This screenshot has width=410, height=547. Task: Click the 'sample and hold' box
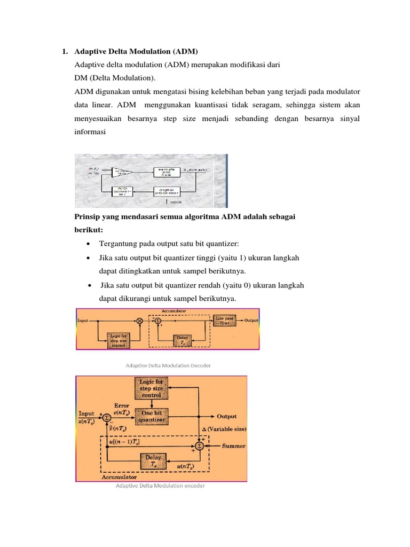tap(166, 171)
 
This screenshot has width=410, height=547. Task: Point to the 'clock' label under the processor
tap(177, 202)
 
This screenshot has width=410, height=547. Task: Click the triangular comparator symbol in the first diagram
tap(120, 171)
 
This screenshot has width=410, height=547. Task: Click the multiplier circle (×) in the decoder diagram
tap(140, 321)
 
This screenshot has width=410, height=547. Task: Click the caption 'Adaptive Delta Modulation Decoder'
tap(168, 366)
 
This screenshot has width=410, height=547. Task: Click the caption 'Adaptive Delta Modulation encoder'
tap(160, 486)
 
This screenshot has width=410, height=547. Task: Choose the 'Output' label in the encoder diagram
tap(226, 416)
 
